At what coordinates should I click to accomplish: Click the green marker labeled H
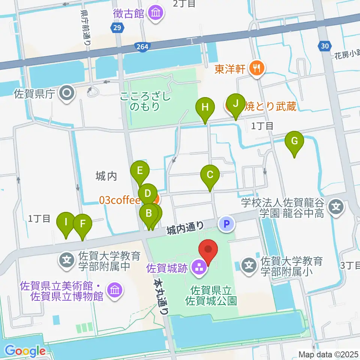tap(205, 108)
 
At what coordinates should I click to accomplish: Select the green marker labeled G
tap(294, 141)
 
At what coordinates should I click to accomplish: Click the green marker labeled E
tap(139, 171)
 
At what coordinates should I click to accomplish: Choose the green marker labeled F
tap(82, 224)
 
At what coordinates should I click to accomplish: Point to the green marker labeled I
tap(66, 222)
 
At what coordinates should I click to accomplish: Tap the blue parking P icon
tap(226, 224)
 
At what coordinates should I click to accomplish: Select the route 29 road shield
tap(117, 28)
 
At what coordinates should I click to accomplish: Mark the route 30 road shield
tap(324, 46)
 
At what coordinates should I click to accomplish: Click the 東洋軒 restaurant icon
tap(257, 68)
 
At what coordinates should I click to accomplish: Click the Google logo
tap(25, 351)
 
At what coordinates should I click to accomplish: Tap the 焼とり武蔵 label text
tap(270, 106)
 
